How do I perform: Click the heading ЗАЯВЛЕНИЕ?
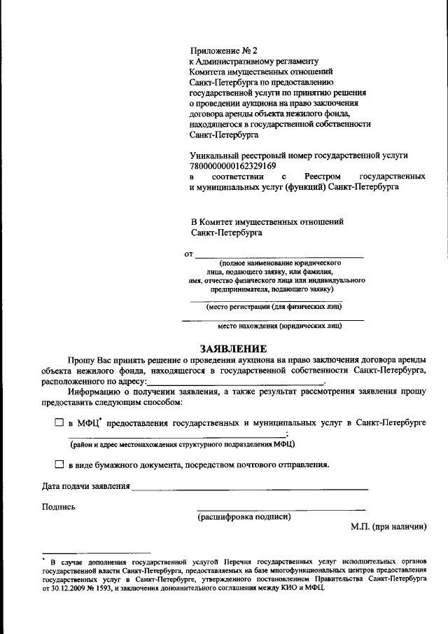point(233,348)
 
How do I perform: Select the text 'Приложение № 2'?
point(219,50)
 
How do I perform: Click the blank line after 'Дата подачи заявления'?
point(250,487)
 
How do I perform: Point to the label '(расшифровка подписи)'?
point(244,518)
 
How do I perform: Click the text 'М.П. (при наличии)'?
point(388,527)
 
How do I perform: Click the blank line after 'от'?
point(279,255)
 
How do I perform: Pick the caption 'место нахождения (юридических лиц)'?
point(279,326)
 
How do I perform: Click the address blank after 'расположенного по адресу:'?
point(235,382)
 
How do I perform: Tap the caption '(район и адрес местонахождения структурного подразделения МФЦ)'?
point(181,444)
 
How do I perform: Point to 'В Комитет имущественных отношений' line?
point(267,221)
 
